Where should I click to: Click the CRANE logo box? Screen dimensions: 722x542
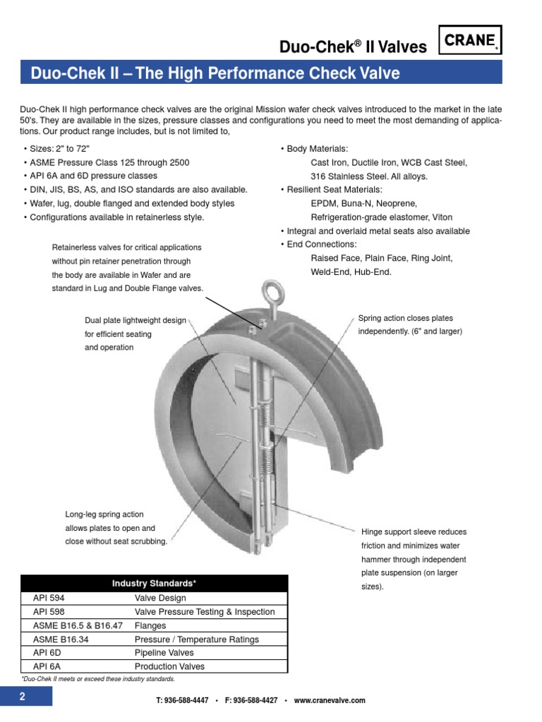471,40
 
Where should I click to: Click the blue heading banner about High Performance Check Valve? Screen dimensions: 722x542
261,73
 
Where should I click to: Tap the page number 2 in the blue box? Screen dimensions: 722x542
23,697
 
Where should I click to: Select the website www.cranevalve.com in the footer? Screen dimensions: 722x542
330,700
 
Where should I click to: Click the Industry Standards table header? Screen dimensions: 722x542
154,584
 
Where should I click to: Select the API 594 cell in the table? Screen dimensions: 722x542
49,598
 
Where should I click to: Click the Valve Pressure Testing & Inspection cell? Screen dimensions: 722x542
204,612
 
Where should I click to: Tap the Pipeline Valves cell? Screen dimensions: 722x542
164,653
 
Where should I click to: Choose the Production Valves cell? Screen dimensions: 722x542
169,666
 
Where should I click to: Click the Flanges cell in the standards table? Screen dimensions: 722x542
150,625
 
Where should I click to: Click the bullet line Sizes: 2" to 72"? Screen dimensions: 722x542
60,149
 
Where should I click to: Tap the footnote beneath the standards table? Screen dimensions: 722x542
97,679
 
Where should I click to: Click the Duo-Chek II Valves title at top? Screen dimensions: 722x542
353,47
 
